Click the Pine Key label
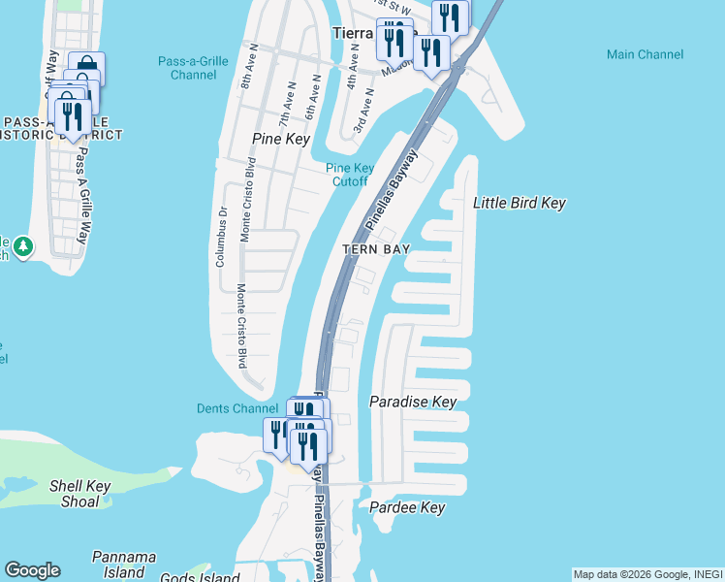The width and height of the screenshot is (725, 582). point(280,139)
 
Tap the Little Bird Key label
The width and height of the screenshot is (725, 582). point(519,203)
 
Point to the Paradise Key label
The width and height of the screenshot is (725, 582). point(413,401)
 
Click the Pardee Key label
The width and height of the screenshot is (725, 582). point(407,507)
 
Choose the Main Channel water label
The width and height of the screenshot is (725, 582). point(643,54)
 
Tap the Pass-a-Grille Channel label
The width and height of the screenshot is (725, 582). point(193,68)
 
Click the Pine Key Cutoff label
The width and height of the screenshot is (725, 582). point(349,175)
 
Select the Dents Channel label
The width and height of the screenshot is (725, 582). point(237,408)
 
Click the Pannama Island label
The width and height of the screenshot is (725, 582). point(124,564)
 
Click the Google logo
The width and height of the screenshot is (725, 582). point(32,570)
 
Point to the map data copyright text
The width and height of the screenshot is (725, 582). point(647,574)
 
